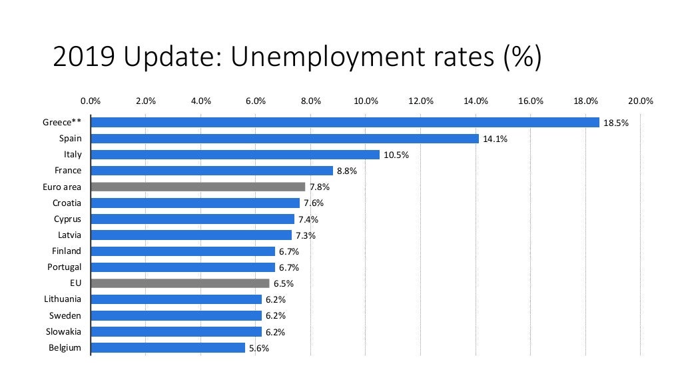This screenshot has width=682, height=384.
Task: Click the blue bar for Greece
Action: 345,122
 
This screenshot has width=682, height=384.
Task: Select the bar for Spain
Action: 284,139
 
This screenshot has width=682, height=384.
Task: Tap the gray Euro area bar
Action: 198,187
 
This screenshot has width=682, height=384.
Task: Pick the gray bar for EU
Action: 180,283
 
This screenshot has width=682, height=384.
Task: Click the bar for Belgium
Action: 168,347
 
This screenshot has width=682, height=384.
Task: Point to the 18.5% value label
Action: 616,123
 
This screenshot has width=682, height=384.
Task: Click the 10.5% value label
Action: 396,155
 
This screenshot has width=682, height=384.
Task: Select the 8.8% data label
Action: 347,171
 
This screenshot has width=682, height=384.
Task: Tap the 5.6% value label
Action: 259,348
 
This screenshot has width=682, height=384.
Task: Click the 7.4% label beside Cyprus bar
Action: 308,219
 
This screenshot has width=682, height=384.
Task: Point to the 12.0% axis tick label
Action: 421,101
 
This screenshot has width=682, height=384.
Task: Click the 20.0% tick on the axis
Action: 641,101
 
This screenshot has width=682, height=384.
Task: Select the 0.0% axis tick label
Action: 91,101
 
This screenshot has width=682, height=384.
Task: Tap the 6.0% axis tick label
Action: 256,101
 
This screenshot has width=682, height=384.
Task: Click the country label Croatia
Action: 67,203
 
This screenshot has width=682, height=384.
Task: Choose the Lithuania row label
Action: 63,299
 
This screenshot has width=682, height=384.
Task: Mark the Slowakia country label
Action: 65,331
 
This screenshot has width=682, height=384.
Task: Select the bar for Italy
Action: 235,155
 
